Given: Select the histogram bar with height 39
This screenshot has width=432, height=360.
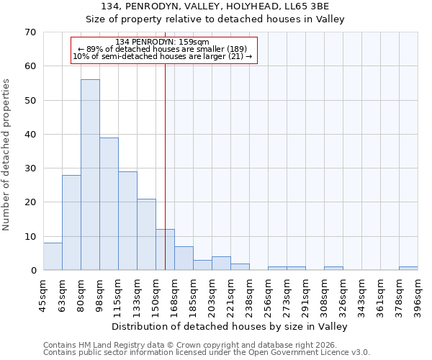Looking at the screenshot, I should point(109,204).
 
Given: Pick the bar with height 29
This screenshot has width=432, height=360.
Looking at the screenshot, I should point(127,220).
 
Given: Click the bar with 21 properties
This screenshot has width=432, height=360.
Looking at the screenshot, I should point(146,234).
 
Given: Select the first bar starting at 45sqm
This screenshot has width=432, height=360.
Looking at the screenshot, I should point(53,256).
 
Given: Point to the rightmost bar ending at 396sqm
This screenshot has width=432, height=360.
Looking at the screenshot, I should point(408,268).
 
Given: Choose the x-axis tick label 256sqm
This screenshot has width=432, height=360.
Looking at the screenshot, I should point(269,296).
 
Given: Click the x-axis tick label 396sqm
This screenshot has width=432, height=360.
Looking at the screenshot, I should point(418,296).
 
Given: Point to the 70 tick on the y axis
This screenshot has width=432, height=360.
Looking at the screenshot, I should point(30,32).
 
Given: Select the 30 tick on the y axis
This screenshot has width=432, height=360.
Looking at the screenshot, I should point(30,168).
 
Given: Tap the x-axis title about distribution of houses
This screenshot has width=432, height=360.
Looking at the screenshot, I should point(230,327).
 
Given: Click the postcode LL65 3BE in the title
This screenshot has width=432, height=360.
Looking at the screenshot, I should point(305,6).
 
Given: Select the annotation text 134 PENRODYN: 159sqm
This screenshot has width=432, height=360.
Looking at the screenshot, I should point(162,42).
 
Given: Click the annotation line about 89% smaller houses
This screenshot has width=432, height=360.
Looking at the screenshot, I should point(162,49).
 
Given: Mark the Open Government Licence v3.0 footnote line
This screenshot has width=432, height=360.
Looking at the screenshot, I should point(207,353).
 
